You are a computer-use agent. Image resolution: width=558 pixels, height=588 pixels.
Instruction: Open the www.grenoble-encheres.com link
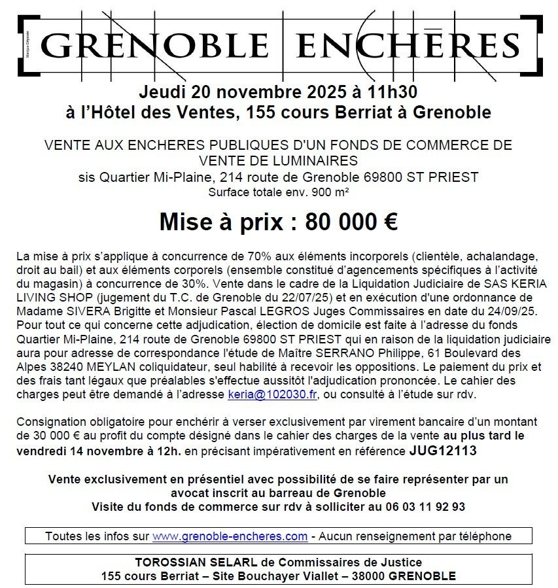point(230,536)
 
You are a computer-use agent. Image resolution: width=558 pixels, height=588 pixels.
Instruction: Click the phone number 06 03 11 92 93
point(424,506)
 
